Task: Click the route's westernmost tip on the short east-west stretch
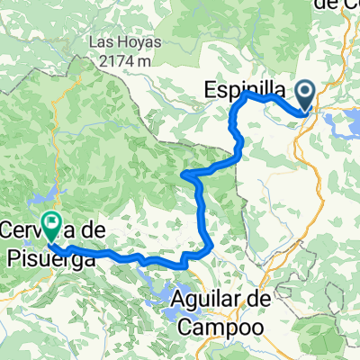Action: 184,172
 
